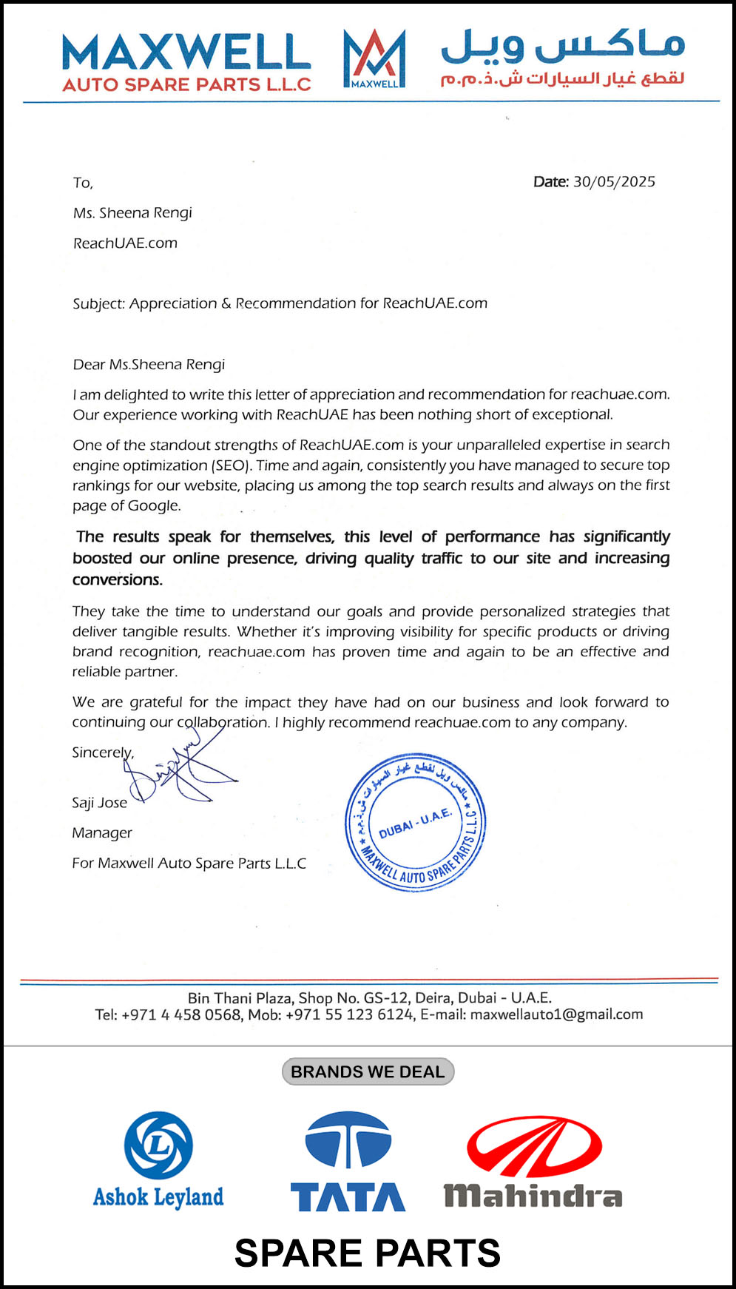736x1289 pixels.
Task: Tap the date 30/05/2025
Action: click(614, 182)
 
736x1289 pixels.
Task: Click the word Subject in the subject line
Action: click(98, 303)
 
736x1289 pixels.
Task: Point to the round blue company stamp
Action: click(416, 822)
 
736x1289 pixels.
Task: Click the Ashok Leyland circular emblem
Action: click(158, 1145)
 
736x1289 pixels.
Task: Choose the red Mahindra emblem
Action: click(534, 1147)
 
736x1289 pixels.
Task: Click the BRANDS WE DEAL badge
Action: click(368, 1071)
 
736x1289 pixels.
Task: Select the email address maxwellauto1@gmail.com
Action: click(556, 1014)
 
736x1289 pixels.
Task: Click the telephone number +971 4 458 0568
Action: click(181, 1014)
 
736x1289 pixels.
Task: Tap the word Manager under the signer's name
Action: click(102, 833)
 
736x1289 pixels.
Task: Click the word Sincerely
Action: click(102, 753)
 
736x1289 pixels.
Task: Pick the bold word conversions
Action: click(117, 580)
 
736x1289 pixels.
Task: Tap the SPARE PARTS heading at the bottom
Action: click(368, 1253)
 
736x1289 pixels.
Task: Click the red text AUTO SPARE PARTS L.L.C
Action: click(186, 84)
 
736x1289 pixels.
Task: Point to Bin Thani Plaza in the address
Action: click(240, 998)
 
